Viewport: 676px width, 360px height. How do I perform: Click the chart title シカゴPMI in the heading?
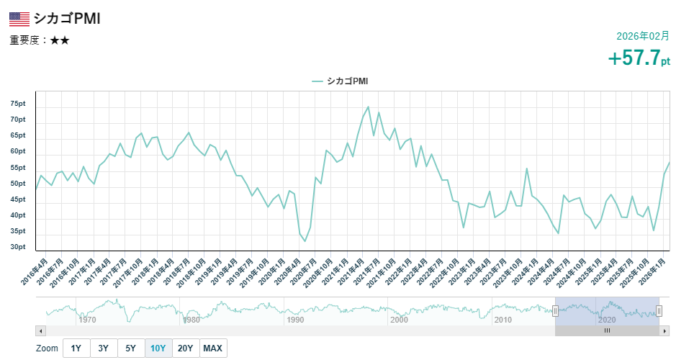[66, 19]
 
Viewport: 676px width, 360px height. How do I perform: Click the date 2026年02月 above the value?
[643, 36]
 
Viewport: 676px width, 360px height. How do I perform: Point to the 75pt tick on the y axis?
[18, 104]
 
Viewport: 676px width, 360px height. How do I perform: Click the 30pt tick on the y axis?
[18, 247]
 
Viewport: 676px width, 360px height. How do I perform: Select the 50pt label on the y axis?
[18, 184]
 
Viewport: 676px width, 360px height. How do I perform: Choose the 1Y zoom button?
[76, 348]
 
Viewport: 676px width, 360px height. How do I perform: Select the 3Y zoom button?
[103, 348]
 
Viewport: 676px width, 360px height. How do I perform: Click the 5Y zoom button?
[130, 348]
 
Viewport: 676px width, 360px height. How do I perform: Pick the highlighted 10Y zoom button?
[158, 348]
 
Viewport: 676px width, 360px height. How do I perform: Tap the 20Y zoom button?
[185, 348]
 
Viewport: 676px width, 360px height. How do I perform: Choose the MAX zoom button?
[212, 348]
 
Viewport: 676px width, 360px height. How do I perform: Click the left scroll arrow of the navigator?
[41, 330]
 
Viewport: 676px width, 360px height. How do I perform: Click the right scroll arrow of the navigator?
[664, 330]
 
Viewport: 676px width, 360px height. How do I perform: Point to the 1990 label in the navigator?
[295, 319]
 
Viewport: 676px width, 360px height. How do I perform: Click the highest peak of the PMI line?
[368, 107]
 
